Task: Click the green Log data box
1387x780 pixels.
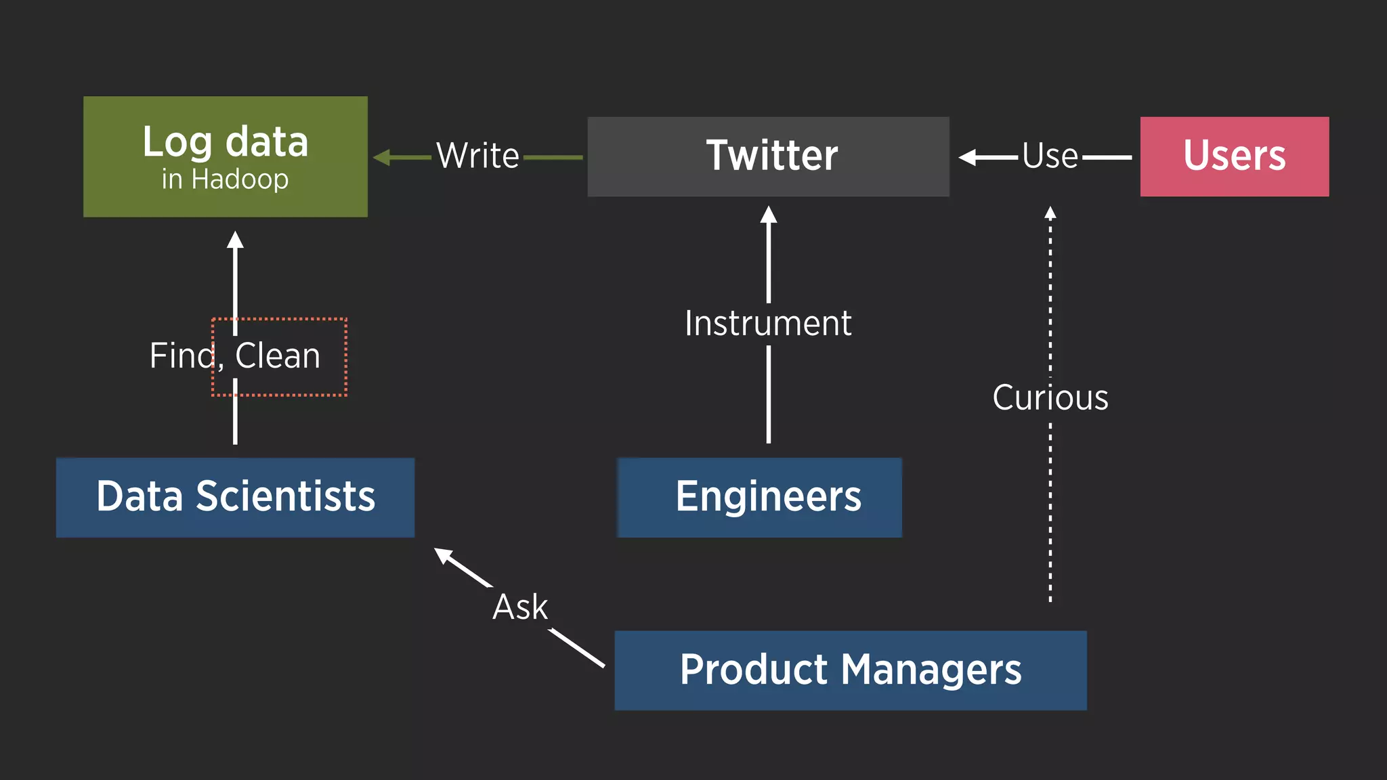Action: [226, 156]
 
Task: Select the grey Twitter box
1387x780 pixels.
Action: [768, 156]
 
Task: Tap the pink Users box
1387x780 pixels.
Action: [1234, 156]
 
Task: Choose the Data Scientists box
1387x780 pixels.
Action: [235, 497]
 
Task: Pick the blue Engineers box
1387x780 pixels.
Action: [760, 497]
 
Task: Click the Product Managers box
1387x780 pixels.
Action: [850, 670]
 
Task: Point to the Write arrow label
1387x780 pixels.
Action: [477, 156]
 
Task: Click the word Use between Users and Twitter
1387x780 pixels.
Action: [1050, 156]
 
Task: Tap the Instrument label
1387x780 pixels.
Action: [768, 324]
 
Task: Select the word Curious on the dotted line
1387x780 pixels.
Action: [1050, 397]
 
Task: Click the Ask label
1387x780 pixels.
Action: [519, 607]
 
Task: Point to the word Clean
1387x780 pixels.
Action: [278, 356]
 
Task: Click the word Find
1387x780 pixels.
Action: [182, 356]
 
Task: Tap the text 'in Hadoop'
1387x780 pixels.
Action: [225, 179]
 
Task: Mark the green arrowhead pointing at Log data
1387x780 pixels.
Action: [381, 158]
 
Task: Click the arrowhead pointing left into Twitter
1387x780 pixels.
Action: [967, 158]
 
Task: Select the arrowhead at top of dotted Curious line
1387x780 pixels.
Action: [1050, 213]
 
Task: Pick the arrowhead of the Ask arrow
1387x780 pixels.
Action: [443, 555]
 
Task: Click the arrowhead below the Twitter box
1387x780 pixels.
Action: [768, 215]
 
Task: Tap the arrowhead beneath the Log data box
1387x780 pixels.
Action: [235, 240]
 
